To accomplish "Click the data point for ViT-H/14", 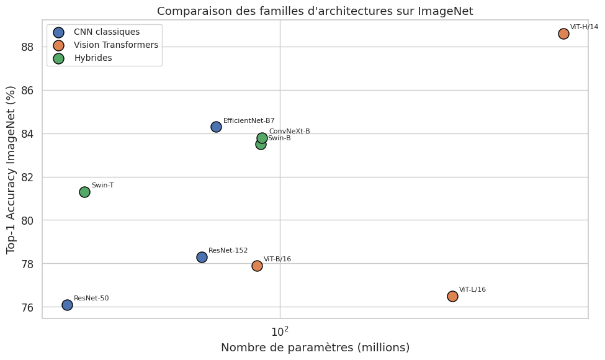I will pyautogui.click(x=563, y=34).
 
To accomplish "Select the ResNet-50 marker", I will pyautogui.click(x=67, y=305).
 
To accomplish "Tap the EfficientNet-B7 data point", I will pyautogui.click(x=216, y=127).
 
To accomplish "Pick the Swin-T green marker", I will pyautogui.click(x=84, y=192).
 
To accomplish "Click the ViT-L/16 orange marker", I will pyautogui.click(x=452, y=296).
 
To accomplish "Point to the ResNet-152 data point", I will pyautogui.click(x=202, y=257).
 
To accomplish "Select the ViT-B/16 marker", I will pyautogui.click(x=257, y=266).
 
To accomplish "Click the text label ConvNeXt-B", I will pyautogui.click(x=289, y=131).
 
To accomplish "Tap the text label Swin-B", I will pyautogui.click(x=279, y=138).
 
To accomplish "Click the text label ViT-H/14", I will pyautogui.click(x=584, y=27).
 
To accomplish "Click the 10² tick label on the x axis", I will pyautogui.click(x=280, y=331).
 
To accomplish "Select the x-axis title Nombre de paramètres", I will pyautogui.click(x=315, y=348).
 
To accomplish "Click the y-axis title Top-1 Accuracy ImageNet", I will pyautogui.click(x=11, y=169).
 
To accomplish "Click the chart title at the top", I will pyautogui.click(x=315, y=11).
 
